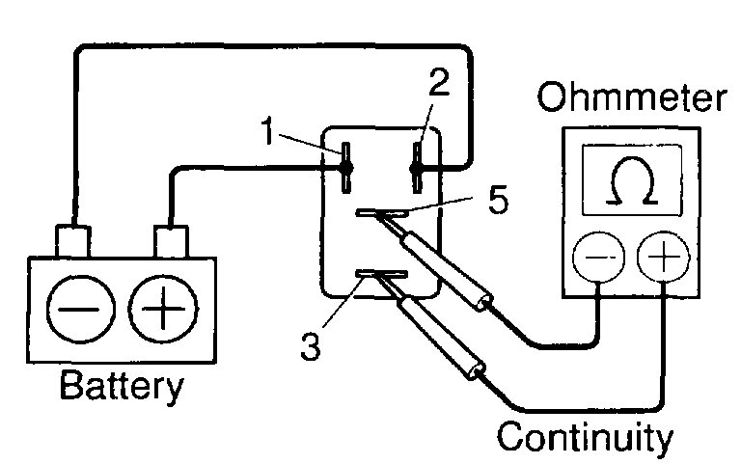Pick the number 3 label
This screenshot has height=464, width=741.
point(309,346)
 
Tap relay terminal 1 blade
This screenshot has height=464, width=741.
point(343,166)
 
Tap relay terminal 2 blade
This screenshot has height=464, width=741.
point(417,166)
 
